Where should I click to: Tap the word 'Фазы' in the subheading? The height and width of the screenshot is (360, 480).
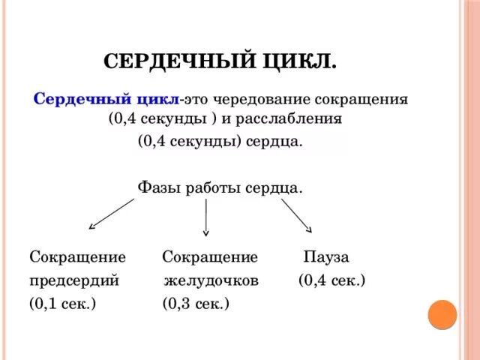click(x=154, y=187)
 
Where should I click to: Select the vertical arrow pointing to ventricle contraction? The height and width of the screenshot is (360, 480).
click(x=206, y=217)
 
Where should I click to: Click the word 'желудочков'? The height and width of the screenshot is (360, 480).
click(x=212, y=280)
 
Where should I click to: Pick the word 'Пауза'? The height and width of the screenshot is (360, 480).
click(x=326, y=257)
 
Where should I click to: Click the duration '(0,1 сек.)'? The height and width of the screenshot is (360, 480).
click(x=62, y=303)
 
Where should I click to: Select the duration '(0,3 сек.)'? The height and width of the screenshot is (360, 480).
click(x=196, y=303)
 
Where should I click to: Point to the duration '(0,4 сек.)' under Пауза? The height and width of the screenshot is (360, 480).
click(x=331, y=280)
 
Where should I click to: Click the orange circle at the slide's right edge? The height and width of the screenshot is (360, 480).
click(x=442, y=314)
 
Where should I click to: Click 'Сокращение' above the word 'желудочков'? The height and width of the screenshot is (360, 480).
click(x=210, y=257)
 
